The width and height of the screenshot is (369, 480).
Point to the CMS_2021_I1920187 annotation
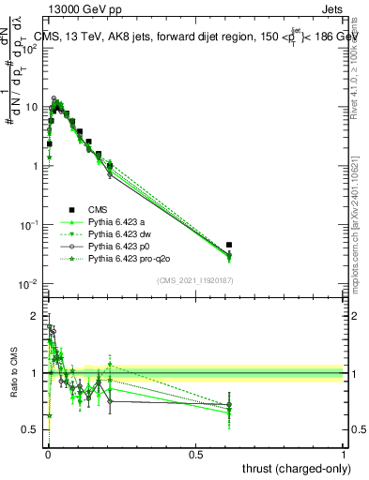(x=194, y=279)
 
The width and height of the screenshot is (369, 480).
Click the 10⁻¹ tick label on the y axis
(x=30, y=225)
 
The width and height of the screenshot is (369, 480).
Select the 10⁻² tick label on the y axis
(x=30, y=284)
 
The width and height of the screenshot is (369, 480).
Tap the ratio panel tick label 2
(x=37, y=316)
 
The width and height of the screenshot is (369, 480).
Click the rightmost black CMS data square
(x=229, y=245)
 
